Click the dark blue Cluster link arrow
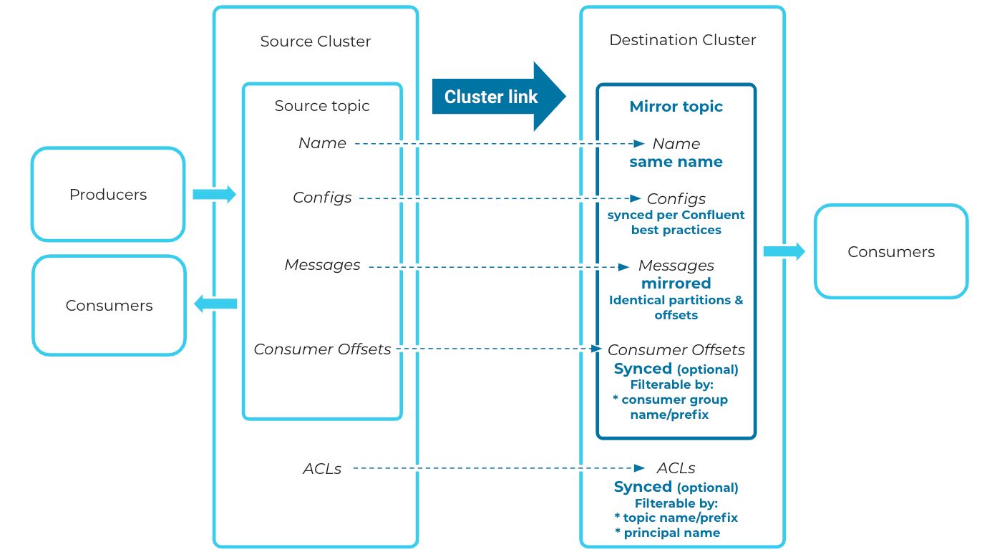click(x=498, y=97)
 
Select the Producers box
click(x=108, y=194)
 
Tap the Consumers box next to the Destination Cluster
click(x=891, y=251)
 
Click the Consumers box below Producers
click(x=110, y=305)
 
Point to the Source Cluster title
click(x=316, y=42)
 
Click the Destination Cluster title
click(x=683, y=40)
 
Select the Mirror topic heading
click(x=676, y=107)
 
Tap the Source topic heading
click(x=322, y=106)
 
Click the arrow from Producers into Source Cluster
click(x=215, y=194)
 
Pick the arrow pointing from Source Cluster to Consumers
click(x=215, y=304)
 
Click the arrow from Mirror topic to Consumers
click(x=784, y=251)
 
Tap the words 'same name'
click(x=676, y=162)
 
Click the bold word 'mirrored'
click(x=676, y=284)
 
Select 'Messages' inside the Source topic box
click(x=322, y=264)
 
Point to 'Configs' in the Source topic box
click(x=322, y=198)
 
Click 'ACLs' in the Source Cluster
click(x=322, y=469)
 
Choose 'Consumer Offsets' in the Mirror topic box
click(x=676, y=350)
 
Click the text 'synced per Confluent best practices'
click(x=676, y=223)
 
